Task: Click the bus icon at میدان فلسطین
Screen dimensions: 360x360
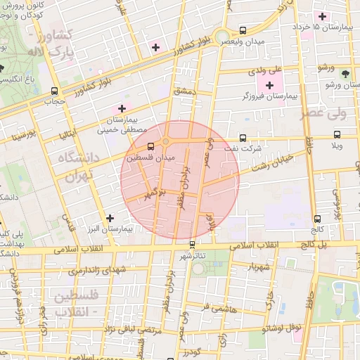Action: pos(151,147)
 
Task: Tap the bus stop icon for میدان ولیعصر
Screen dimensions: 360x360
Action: pos(243,31)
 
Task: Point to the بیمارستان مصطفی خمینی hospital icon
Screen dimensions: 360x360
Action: pos(122,108)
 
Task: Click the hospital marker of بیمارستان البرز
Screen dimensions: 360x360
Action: pos(109,218)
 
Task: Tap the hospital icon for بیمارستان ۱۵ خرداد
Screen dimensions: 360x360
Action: pos(323,16)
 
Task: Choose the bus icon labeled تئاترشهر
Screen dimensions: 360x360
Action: pos(193,244)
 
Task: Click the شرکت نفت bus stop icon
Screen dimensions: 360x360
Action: pos(243,138)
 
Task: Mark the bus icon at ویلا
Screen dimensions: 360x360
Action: pos(337,134)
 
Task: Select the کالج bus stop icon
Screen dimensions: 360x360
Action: pos(318,219)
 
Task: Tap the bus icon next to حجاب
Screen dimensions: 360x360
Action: pos(55,91)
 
